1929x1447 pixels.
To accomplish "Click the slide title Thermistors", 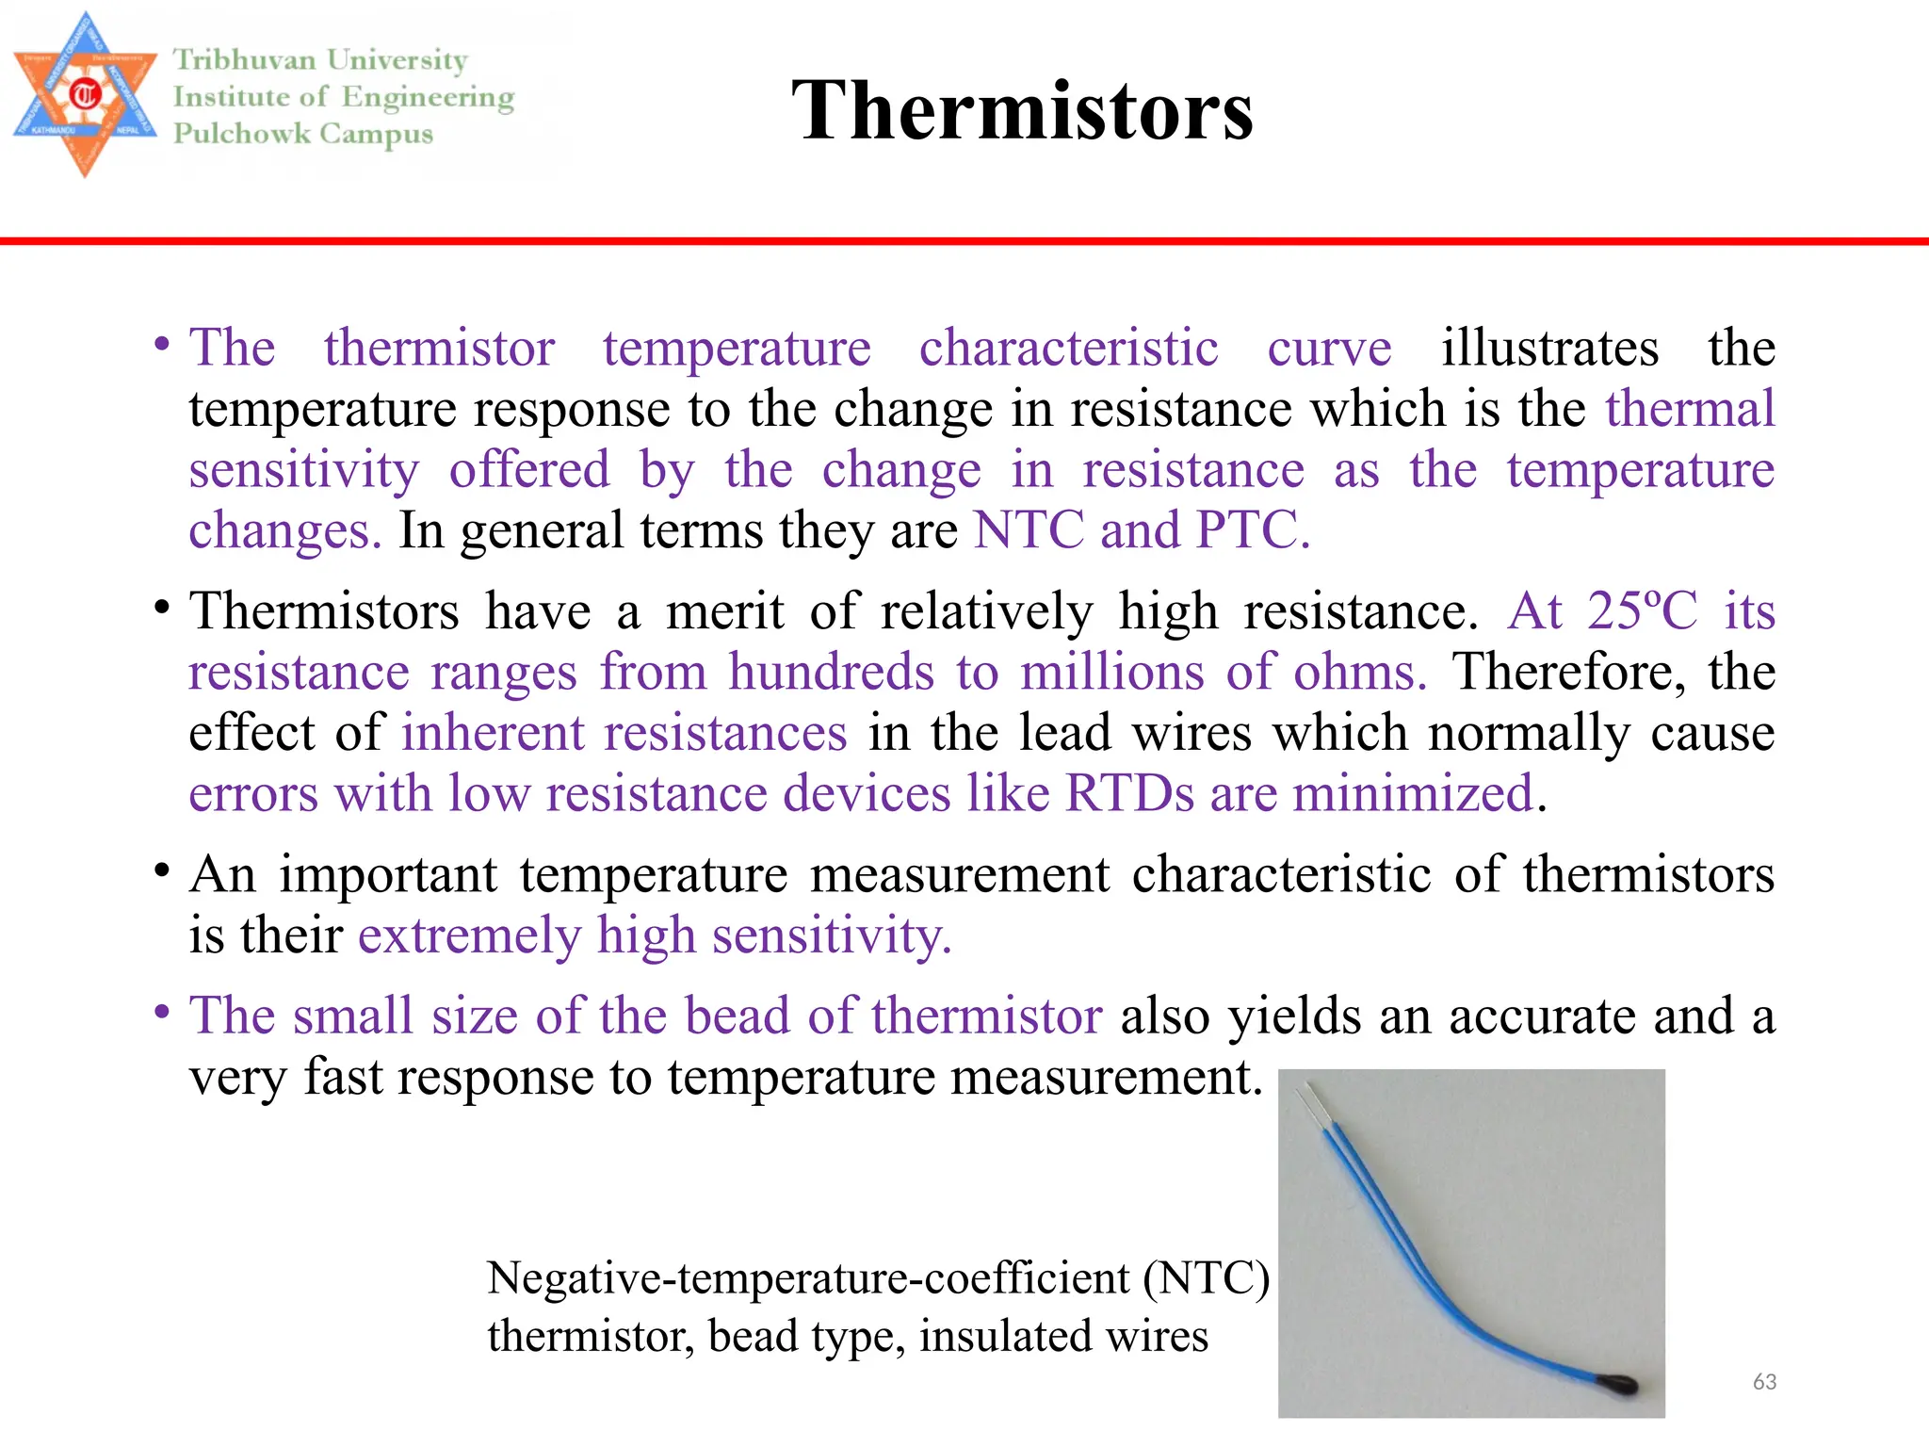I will (x=1022, y=110).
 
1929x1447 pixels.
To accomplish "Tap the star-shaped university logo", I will (x=85, y=94).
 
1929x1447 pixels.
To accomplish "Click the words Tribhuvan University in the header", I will (x=320, y=60).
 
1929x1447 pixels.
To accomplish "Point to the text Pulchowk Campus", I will (x=303, y=134).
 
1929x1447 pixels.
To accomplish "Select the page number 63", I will (x=1764, y=1381).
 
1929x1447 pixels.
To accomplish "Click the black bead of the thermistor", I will (x=1618, y=1382).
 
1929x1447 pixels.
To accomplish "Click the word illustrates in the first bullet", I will (x=1549, y=348).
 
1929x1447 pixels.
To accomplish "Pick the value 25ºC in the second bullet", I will (x=1642, y=610).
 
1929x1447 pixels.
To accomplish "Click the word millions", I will (x=1112, y=672).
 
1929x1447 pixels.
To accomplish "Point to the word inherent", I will (x=493, y=733).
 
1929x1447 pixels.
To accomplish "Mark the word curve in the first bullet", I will (x=1328, y=348).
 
